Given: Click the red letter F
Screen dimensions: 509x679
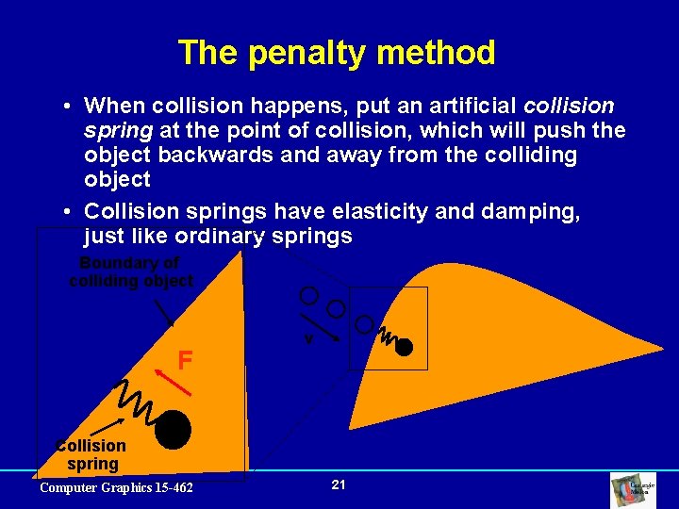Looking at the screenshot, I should [186, 359].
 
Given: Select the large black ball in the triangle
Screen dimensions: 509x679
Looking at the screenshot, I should [174, 430].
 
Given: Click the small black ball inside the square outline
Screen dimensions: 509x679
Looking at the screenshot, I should [405, 347].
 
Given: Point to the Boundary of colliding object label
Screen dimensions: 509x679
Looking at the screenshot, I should [130, 271].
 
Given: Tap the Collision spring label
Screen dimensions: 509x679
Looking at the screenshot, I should [91, 454].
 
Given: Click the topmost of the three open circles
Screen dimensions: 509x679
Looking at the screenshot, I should [308, 295].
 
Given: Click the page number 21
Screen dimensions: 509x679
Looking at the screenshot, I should [339, 484].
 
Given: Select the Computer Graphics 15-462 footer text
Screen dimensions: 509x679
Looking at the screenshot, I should [116, 487].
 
